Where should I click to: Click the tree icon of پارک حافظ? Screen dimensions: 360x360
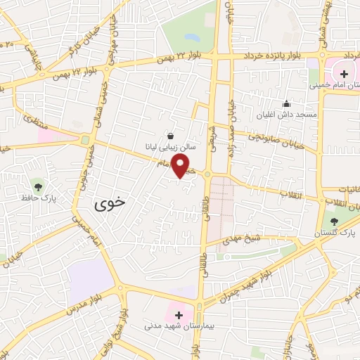38,186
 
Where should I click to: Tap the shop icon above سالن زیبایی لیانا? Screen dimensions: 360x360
171,135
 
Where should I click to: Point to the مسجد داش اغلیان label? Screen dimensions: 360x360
295,114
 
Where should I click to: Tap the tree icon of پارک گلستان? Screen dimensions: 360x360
334,221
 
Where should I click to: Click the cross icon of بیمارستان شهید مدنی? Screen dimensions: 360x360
179,314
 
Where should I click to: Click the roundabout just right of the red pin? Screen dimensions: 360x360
208,174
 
